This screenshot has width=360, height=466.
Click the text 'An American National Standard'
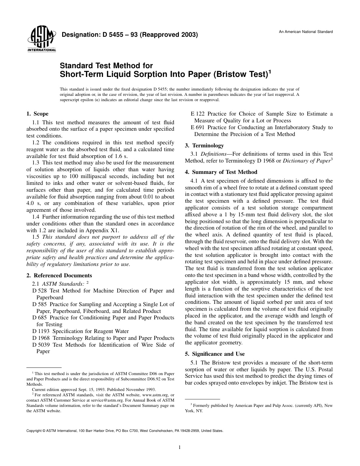pyautogui.click(x=306, y=32)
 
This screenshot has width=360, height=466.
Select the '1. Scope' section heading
pyautogui.click(x=37, y=114)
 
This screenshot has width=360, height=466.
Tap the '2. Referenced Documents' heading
pyautogui.click(x=59, y=275)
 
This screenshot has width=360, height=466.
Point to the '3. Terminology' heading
pyautogui.click(x=204, y=145)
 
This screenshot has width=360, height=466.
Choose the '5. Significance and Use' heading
pyautogui.click(x=215, y=354)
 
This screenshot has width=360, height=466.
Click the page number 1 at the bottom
pyautogui.click(x=180, y=447)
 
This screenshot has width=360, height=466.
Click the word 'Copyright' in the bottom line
pyautogui.click(x=33, y=431)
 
